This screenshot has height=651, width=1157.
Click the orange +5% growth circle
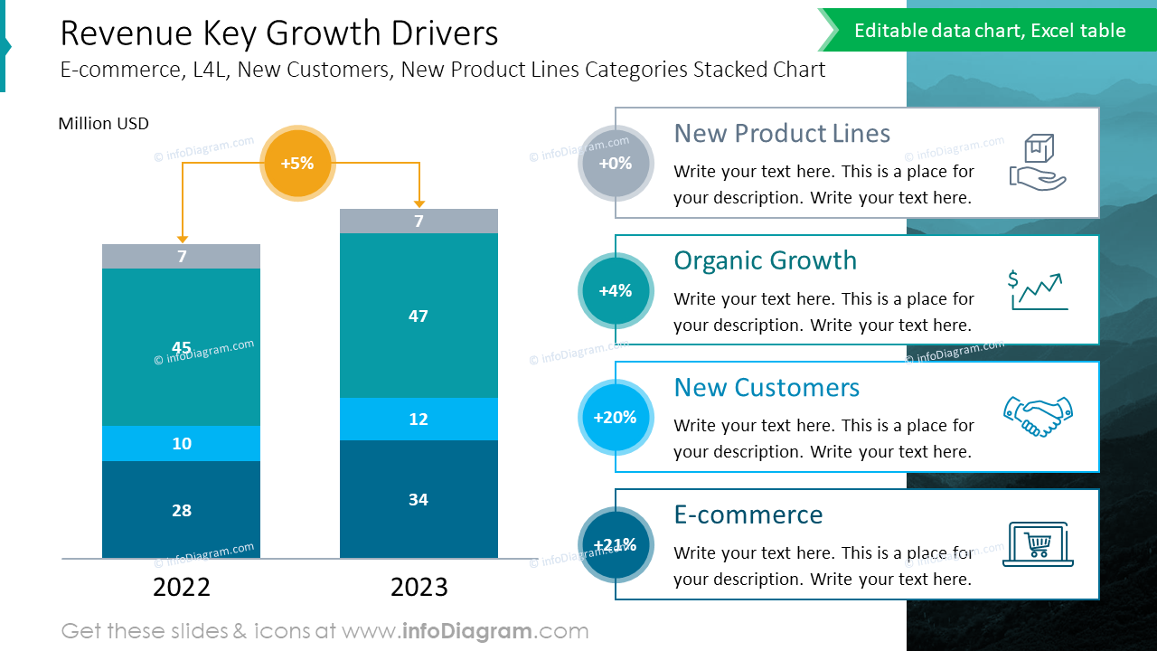click(x=297, y=164)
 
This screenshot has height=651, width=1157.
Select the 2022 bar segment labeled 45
click(x=181, y=347)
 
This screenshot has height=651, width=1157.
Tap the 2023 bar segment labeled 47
click(x=419, y=316)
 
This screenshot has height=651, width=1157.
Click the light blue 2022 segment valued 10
click(x=181, y=443)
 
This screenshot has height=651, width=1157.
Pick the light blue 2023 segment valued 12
click(x=419, y=419)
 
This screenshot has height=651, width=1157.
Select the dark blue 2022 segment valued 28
click(x=181, y=510)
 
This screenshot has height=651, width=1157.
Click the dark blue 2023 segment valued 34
click(x=419, y=499)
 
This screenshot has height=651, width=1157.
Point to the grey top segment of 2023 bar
click(x=419, y=221)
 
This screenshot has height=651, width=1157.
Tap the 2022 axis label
click(x=182, y=588)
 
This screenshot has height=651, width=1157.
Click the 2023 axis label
click(x=419, y=588)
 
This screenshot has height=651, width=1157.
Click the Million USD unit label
click(x=103, y=124)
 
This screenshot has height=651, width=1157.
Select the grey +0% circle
click(x=616, y=164)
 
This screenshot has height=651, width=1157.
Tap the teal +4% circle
click(x=616, y=290)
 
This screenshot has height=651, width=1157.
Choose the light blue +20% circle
click(x=616, y=418)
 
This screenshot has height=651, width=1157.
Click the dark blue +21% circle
click(x=616, y=544)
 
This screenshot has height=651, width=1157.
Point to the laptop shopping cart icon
click(x=1038, y=544)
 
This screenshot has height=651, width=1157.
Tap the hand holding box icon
click(x=1038, y=163)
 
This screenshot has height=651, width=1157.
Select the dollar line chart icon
click(x=1038, y=290)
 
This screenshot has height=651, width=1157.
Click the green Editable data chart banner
click(x=990, y=31)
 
